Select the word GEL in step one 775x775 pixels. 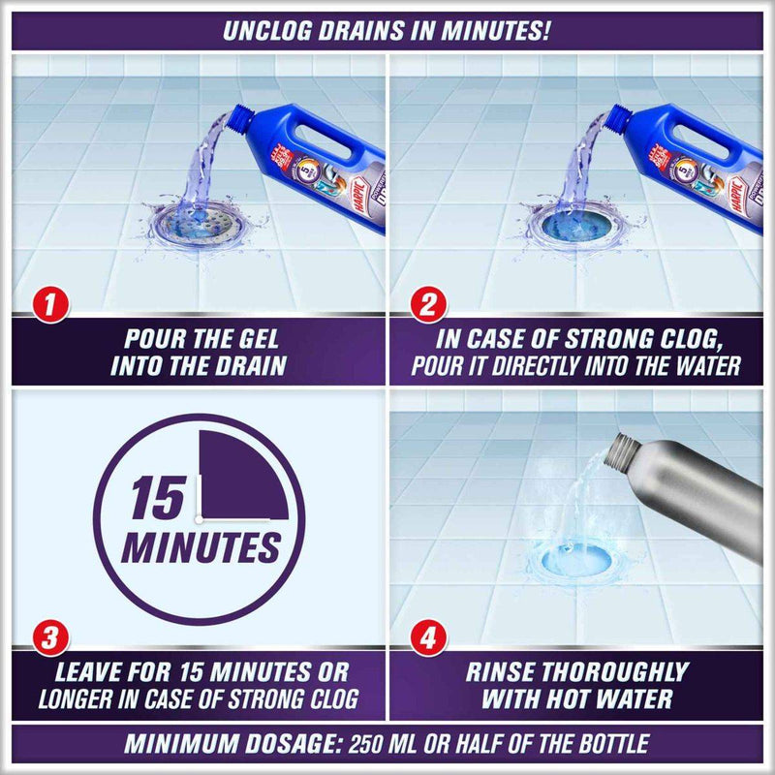coord(255,341)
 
